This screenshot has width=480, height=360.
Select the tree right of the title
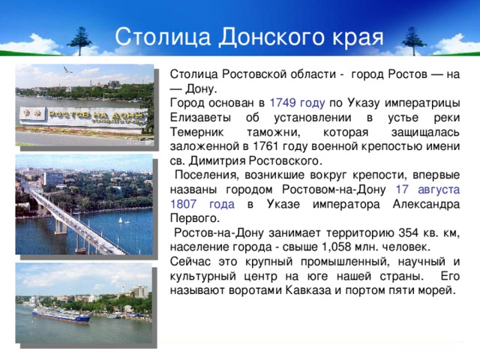(410, 37)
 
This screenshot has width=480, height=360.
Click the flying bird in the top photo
(68, 70)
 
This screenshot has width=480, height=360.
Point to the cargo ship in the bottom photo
(60, 314)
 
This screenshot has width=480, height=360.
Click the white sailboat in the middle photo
(118, 220)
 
